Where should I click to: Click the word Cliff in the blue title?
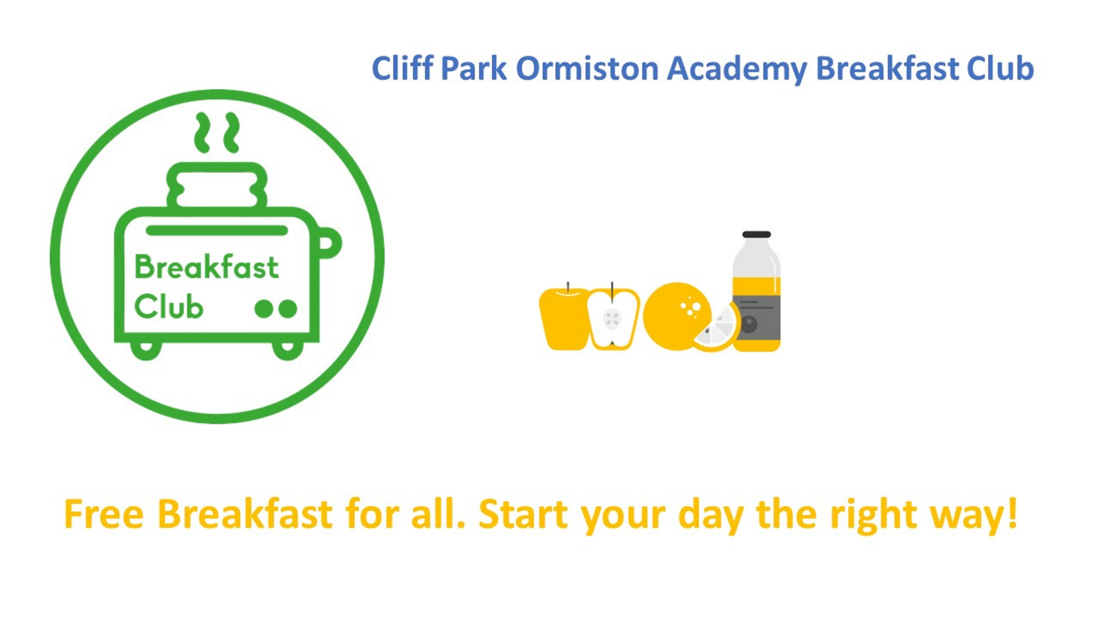pos(402,69)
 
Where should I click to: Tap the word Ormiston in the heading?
pos(587,69)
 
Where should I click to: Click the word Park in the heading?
pos(473,69)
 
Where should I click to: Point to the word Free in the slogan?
pos(104,514)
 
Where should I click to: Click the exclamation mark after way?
pos(1012,512)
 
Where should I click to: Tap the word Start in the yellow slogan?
pos(523,514)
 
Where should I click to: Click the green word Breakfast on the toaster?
pos(207,267)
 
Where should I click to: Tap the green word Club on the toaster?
pos(168,307)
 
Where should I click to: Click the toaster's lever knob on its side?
pos(328,242)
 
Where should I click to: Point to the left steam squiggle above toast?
pos(203,132)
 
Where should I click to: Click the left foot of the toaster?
pos(146,349)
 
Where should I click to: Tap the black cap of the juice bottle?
pos(756,234)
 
